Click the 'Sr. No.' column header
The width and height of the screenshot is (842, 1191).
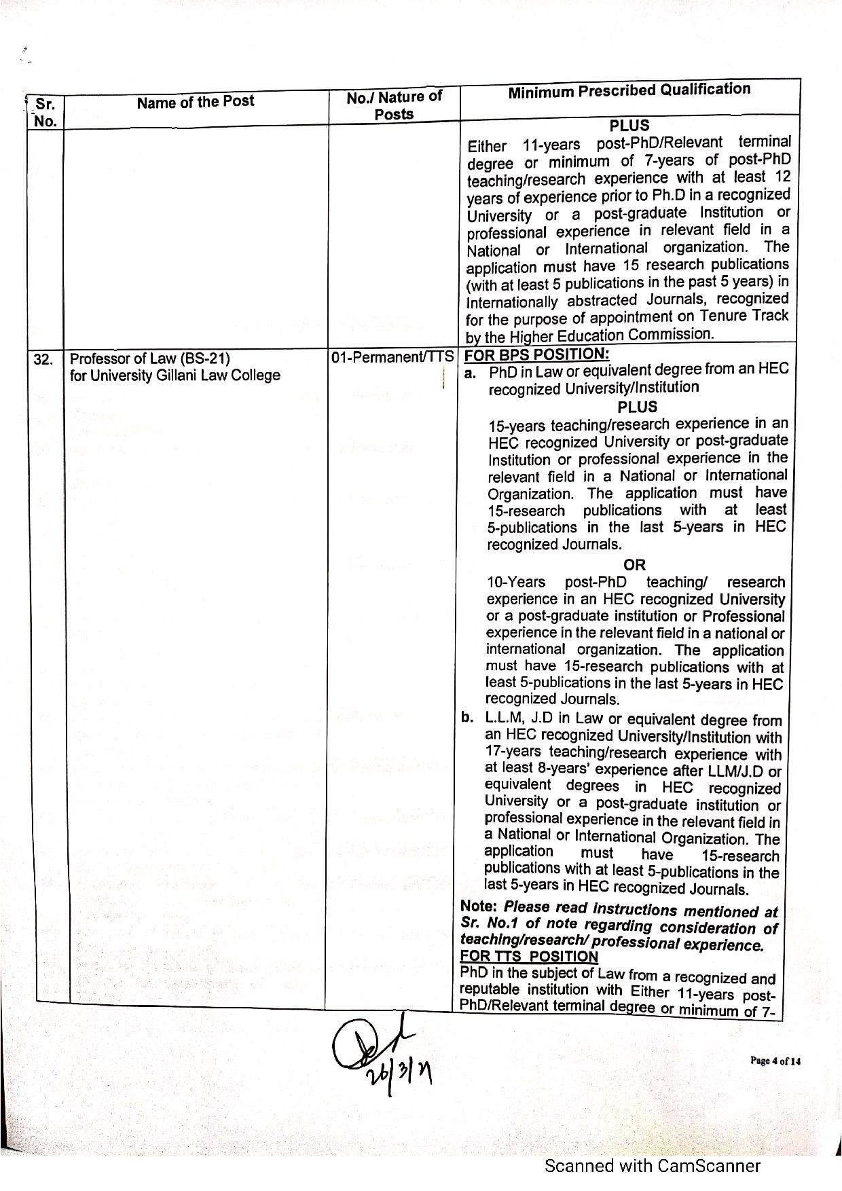click(x=45, y=112)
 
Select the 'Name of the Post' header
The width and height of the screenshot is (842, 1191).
click(x=195, y=102)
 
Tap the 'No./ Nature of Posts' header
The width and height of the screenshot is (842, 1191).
click(x=394, y=105)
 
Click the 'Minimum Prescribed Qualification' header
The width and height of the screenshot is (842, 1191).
click(x=629, y=90)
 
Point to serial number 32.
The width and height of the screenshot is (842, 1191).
click(x=43, y=360)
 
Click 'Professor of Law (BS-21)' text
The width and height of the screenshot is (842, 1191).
click(x=150, y=358)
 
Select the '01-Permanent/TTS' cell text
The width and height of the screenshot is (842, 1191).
click(x=392, y=356)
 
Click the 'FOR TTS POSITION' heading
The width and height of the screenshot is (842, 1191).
click(x=529, y=957)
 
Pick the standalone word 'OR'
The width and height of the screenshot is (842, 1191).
click(x=634, y=564)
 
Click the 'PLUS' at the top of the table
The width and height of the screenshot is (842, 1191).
click(x=629, y=126)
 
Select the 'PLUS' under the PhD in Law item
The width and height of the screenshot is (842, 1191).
click(x=637, y=407)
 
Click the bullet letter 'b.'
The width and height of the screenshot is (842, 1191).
click(x=467, y=718)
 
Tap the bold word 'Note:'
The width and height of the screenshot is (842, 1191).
click(x=479, y=906)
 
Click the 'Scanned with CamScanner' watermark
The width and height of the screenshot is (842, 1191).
click(x=653, y=1166)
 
